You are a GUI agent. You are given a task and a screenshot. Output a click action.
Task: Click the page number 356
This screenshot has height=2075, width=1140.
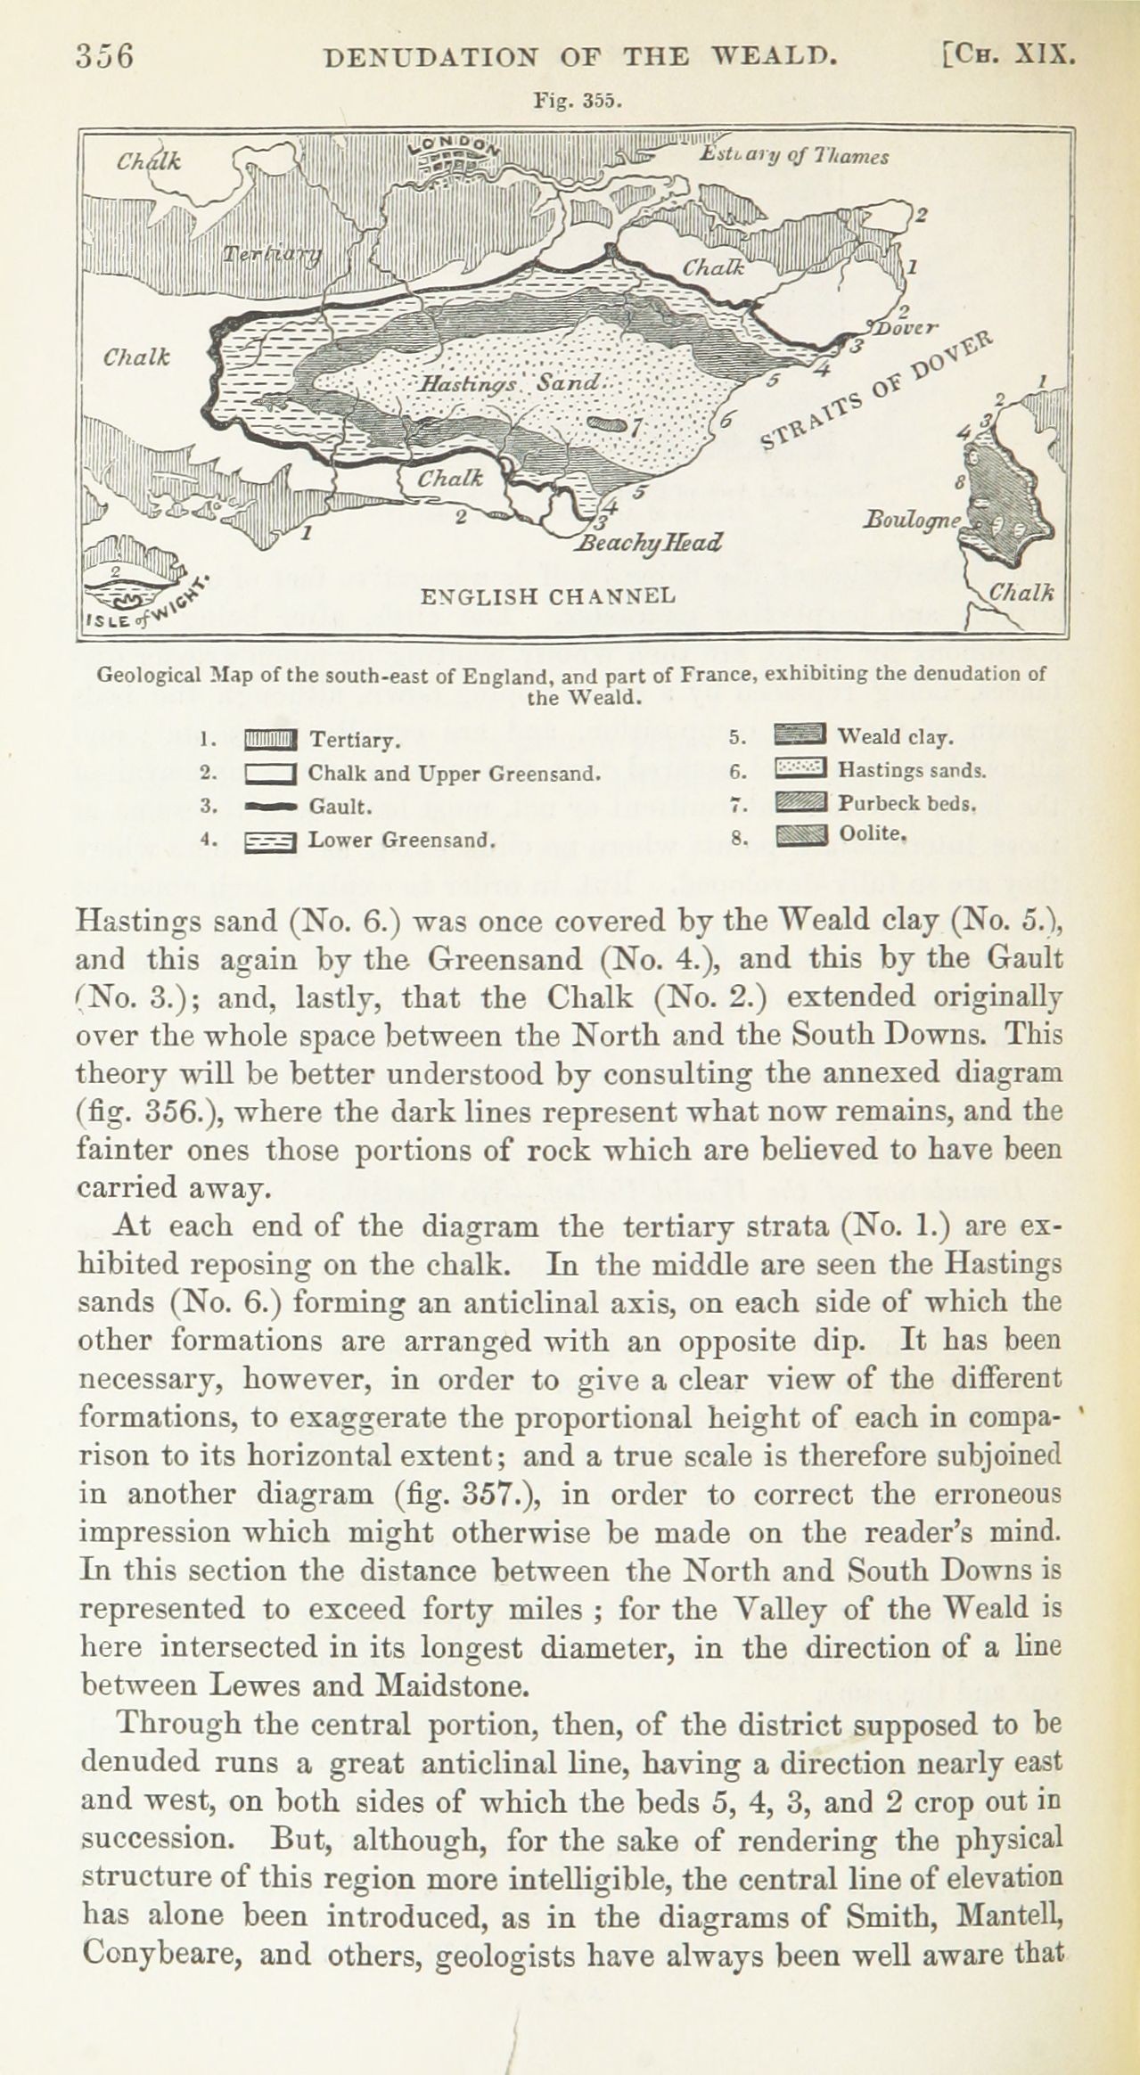coord(104,56)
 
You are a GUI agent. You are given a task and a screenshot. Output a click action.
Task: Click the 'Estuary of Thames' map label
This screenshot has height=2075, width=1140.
coord(792,157)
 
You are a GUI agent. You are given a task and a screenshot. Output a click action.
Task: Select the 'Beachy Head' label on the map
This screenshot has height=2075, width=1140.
coord(650,542)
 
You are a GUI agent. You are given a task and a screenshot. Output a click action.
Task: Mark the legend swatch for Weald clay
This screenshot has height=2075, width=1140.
coord(802,737)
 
